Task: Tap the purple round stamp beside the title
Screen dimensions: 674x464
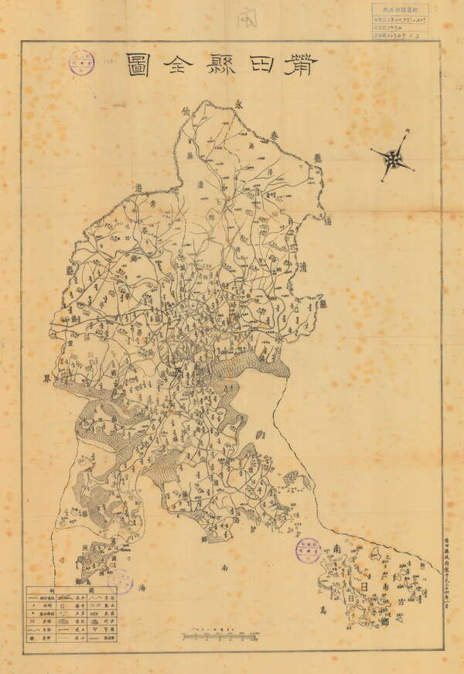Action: pyautogui.click(x=80, y=63)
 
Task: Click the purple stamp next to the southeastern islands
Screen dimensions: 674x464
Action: pyautogui.click(x=308, y=551)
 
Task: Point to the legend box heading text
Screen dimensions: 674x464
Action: pyautogui.click(x=71, y=590)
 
